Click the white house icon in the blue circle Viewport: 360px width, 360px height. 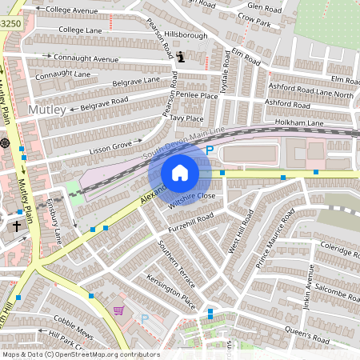(x=180, y=173)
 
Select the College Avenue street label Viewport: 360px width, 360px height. (x=71, y=10)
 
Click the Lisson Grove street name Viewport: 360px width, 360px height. (x=110, y=146)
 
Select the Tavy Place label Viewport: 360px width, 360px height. (x=186, y=118)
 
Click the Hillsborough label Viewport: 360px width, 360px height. (x=186, y=35)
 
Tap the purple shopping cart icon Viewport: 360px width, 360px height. (x=119, y=310)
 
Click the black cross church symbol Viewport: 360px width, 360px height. (x=16, y=226)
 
